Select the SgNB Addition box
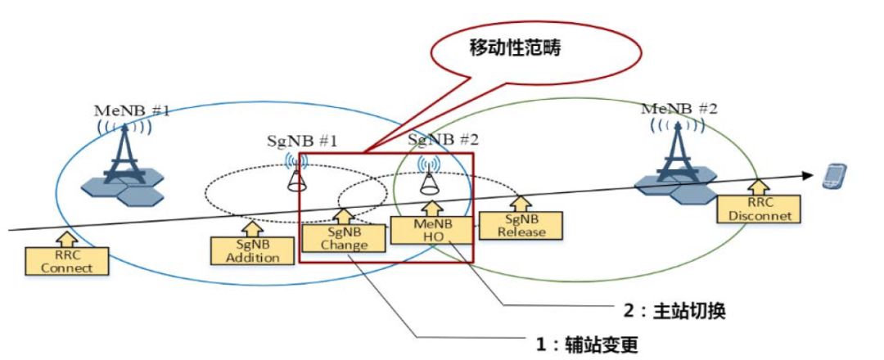point(246,251)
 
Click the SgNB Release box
point(521,225)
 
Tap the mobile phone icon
point(834,175)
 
